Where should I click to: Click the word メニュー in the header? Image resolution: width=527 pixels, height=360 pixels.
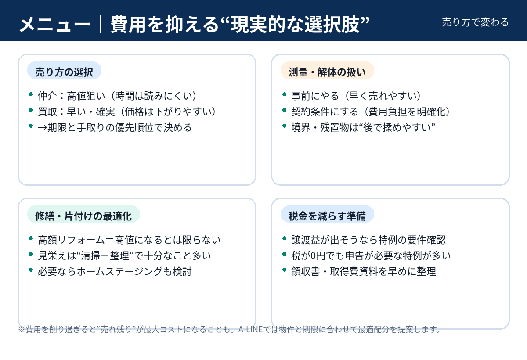pos(55,25)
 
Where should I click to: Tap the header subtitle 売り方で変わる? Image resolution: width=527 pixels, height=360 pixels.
pos(475,22)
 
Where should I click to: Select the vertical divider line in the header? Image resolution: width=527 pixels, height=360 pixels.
pos(101,24)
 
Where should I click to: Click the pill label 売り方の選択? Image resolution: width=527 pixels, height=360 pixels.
pos(64,70)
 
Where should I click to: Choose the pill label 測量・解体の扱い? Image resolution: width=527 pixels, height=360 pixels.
pos(327,70)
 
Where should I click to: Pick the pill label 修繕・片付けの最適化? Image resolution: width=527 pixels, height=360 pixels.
pos(83,214)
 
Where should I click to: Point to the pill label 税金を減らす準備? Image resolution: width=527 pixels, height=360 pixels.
pos(327,214)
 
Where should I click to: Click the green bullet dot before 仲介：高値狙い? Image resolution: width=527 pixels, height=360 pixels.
pos(31,94)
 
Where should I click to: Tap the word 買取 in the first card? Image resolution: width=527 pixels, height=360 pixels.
pos(47,112)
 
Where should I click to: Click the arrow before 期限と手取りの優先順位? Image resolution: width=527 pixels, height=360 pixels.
pos(43,128)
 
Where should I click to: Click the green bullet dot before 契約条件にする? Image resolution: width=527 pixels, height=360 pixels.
pos(284,110)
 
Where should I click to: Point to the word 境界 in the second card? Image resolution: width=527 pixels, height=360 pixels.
pos(301,127)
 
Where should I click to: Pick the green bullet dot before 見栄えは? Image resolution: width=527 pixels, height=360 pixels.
pos(31,254)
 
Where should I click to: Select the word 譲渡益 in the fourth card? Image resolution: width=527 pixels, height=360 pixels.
pos(306,240)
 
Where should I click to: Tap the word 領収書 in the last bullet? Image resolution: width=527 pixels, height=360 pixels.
pos(306,272)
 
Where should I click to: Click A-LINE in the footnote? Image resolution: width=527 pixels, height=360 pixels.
pos(250,330)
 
